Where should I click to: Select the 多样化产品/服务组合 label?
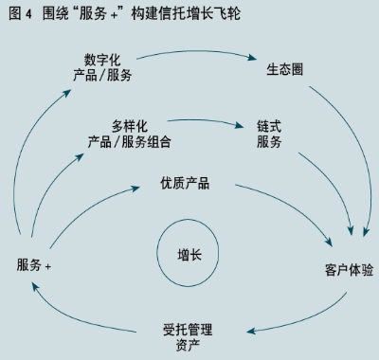[x=129, y=134]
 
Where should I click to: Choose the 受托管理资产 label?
[x=187, y=336]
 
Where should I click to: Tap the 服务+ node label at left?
[x=34, y=264]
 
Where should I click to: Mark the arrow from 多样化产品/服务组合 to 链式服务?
[x=199, y=123]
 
